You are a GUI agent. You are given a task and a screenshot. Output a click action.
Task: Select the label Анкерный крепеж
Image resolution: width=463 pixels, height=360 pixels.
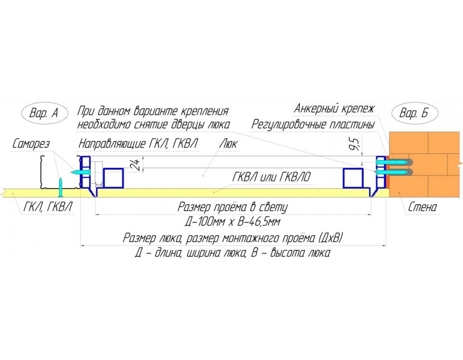335,109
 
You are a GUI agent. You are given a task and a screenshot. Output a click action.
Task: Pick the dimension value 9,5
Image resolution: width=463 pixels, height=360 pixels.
354,146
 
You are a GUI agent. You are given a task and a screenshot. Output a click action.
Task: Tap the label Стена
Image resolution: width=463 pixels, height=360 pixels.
422,208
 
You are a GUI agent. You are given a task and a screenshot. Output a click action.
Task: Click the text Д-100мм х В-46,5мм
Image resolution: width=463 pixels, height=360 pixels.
232,223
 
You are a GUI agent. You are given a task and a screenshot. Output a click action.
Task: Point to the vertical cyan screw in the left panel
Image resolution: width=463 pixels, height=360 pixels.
61,187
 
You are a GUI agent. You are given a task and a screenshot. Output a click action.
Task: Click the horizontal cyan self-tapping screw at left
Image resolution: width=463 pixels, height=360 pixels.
76,171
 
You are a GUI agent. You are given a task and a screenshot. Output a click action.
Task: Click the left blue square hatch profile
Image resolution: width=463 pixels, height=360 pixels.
114,178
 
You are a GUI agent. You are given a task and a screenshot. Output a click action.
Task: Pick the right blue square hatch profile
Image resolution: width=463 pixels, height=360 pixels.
353,178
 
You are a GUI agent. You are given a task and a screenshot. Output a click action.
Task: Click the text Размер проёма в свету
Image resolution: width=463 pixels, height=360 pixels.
232,207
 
